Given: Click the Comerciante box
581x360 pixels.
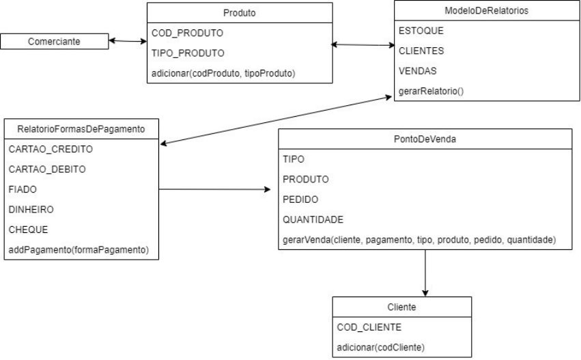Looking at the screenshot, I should tap(54, 42).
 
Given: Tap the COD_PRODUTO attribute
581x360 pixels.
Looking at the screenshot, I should tap(179, 32).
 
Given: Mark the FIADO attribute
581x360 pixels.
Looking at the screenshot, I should tap(22, 189).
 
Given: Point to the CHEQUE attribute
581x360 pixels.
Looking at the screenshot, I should tap(27, 230).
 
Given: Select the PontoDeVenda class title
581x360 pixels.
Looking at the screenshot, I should tap(425, 139).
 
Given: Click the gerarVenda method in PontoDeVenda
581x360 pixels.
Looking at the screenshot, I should tap(419, 240).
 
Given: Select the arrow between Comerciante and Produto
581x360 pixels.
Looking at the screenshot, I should tap(127, 42).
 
